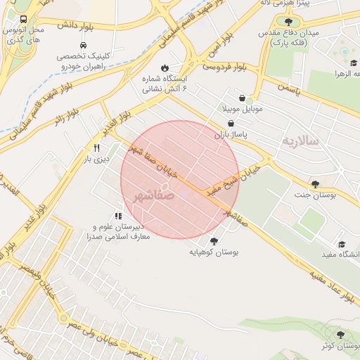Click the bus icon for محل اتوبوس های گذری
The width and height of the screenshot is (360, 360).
[24, 20]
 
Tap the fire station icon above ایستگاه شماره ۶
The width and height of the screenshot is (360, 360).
[165, 68]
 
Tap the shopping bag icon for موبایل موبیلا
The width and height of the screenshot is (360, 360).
[243, 98]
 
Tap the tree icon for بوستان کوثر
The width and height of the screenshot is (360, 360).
[341, 335]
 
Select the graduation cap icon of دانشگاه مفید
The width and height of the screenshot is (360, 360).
[342, 243]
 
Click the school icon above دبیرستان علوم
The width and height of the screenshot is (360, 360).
[117, 216]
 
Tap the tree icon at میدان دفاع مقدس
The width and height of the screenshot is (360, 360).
[288, 22]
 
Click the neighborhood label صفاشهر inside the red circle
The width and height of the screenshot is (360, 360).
[154, 197]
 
